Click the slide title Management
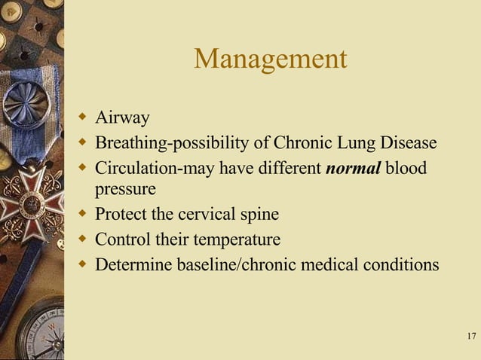click(270, 59)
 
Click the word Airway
click(122, 117)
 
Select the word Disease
click(408, 142)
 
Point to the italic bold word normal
click(354, 167)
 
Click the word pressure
click(125, 189)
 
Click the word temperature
click(235, 240)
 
